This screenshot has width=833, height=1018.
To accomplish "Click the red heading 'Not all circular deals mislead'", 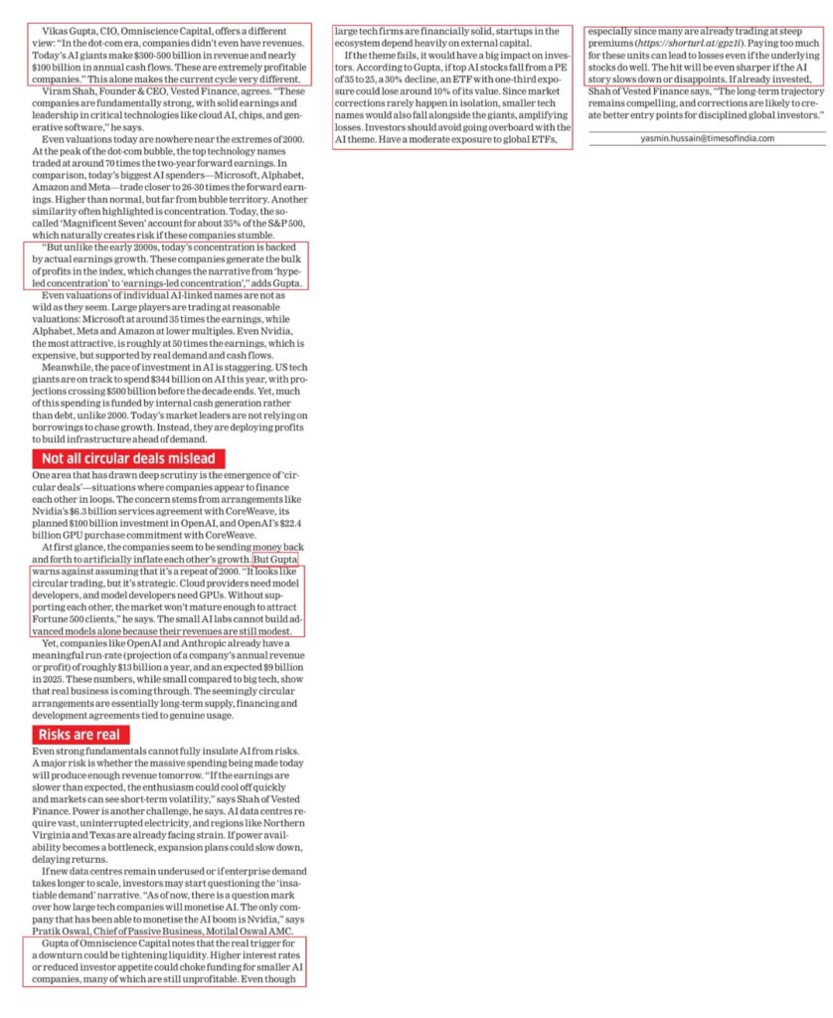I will [x=128, y=458].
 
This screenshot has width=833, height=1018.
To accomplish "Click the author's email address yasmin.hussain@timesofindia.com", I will [x=707, y=138].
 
